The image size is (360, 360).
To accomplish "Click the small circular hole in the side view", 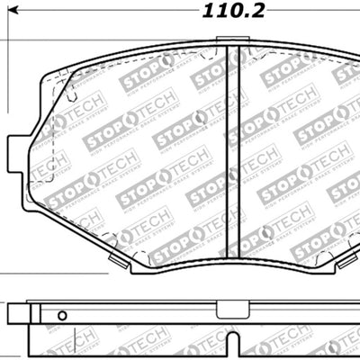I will [62, 316].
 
